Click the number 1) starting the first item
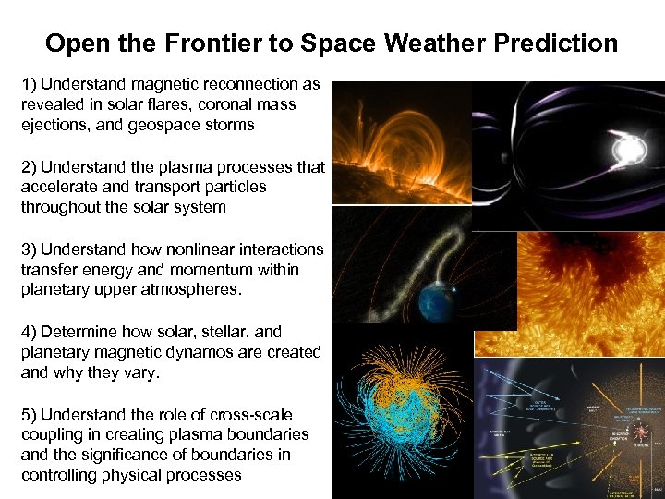(x=30, y=84)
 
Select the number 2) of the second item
(x=30, y=167)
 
